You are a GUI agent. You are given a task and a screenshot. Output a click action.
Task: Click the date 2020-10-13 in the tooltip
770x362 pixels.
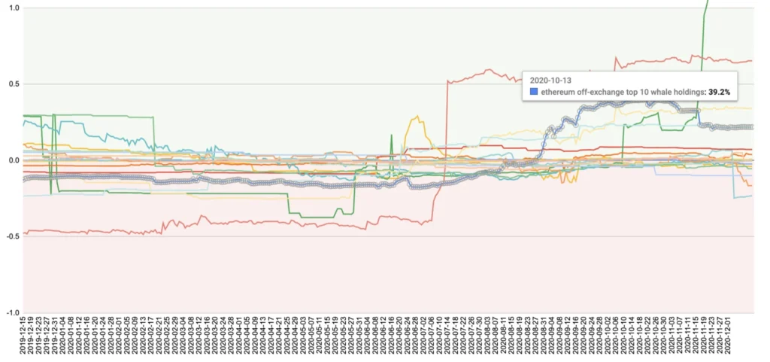pos(550,79)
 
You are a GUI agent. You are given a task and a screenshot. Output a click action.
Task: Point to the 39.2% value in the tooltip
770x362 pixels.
pos(720,92)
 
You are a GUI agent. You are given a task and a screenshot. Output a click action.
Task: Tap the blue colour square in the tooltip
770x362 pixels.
pos(534,92)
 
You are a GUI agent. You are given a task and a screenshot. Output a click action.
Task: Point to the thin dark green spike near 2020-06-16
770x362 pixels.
pos(391,136)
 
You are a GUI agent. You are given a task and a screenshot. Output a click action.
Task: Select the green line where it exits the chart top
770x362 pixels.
pos(707,3)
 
